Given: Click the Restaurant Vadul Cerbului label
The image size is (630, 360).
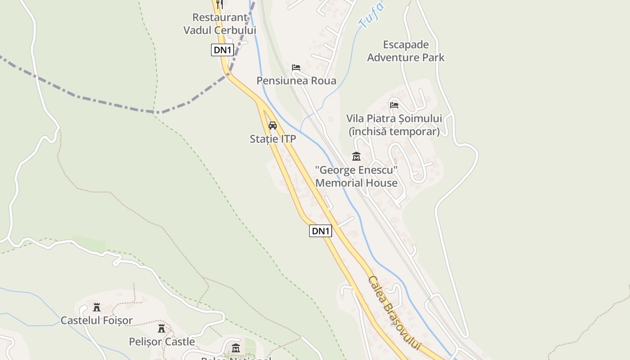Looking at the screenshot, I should (x=220, y=24).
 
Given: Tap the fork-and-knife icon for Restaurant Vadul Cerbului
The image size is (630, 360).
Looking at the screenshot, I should (x=220, y=4).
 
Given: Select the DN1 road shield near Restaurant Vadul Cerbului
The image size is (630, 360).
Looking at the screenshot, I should (x=222, y=50).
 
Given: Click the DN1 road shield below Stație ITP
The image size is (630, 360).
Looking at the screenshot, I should (x=321, y=231).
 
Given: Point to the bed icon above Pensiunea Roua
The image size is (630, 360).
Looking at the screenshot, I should (x=296, y=67).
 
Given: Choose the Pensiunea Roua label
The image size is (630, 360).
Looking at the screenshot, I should (x=296, y=81).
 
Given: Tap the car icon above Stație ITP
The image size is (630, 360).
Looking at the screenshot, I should (x=272, y=126).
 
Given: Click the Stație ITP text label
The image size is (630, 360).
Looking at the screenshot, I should (x=273, y=139).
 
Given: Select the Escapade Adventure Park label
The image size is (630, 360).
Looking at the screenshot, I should (x=405, y=51).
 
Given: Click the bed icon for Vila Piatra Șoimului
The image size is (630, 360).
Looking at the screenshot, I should (x=394, y=105).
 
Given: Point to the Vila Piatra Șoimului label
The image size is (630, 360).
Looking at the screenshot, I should (x=394, y=119).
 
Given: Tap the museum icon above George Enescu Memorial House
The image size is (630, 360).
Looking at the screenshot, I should (x=356, y=157).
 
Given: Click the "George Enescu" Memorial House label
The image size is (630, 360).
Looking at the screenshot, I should (x=356, y=176).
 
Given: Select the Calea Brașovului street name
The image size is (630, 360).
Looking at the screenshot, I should (x=394, y=313).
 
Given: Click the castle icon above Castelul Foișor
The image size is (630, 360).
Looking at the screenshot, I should (x=96, y=307).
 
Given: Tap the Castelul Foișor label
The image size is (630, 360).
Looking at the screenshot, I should (x=97, y=321).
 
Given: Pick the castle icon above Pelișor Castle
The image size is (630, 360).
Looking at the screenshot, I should (x=162, y=328).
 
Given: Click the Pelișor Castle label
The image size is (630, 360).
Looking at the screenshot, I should (x=162, y=342).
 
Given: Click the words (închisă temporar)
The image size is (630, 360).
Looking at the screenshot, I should (x=394, y=131).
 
